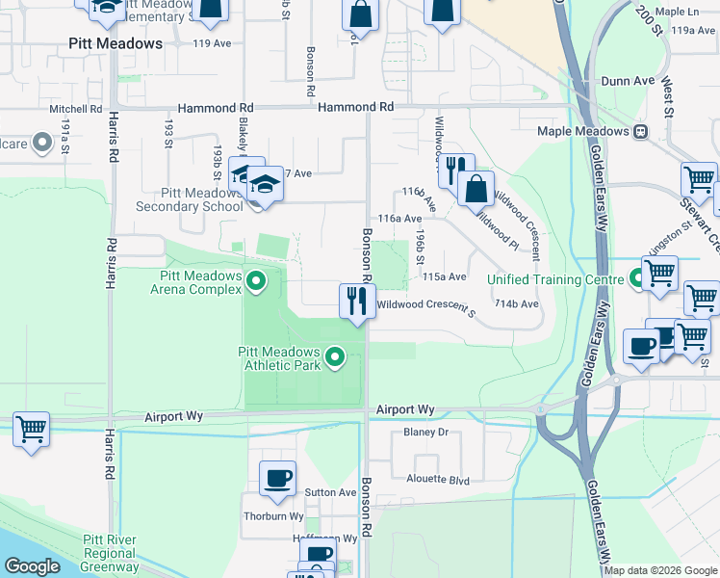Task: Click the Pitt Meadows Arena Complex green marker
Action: pyautogui.click(x=256, y=282)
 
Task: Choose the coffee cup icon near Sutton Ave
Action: pyautogui.click(x=277, y=477)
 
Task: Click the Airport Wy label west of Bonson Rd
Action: pyautogui.click(x=174, y=417)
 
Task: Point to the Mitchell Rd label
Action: pyautogui.click(x=76, y=109)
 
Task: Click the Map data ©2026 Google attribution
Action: pyautogui.click(x=660, y=570)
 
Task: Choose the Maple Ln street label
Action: pyautogui.click(x=675, y=12)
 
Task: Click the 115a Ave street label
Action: pyautogui.click(x=444, y=276)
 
